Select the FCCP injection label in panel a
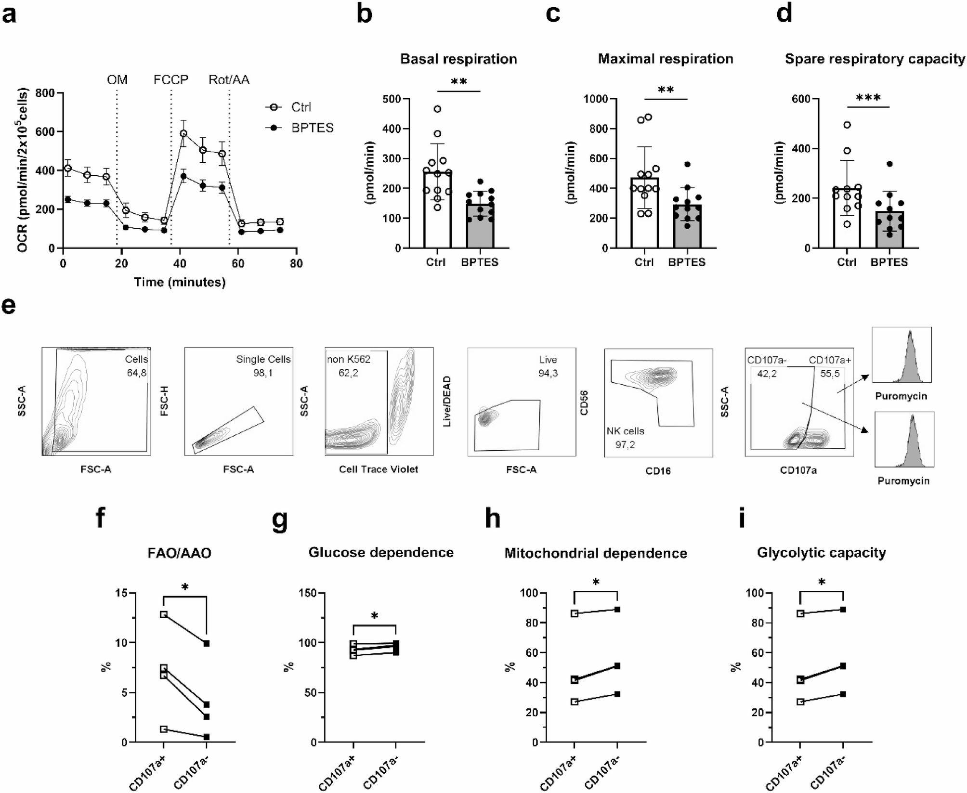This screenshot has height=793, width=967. (x=171, y=79)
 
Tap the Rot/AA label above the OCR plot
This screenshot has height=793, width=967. (x=229, y=79)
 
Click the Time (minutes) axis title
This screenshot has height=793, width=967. (x=180, y=282)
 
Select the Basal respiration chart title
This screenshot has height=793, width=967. (x=458, y=59)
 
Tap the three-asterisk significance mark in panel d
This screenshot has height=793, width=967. (x=868, y=98)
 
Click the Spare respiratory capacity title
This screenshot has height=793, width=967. (x=875, y=59)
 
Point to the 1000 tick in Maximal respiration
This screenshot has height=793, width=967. (x=596, y=99)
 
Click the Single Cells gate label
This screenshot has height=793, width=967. (x=263, y=359)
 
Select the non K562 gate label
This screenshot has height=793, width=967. (x=349, y=359)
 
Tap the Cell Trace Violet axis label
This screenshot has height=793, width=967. (x=379, y=469)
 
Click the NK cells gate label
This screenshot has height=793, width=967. (x=625, y=431)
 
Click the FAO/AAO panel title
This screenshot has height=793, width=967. (x=179, y=553)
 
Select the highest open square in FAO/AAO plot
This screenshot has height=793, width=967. (x=164, y=614)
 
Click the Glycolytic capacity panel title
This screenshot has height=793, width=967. (x=821, y=552)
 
